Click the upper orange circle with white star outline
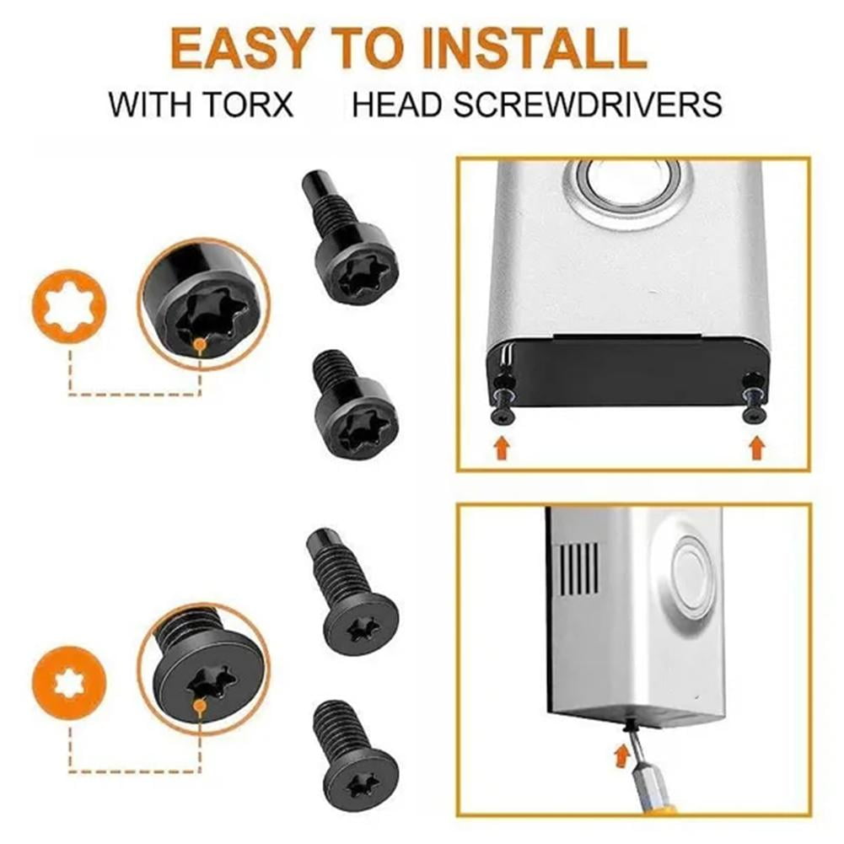pos(70,306)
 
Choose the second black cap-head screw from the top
pos(355,406)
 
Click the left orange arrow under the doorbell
pos(502,447)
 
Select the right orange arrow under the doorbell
pos(756,447)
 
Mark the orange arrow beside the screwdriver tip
pos(621,753)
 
